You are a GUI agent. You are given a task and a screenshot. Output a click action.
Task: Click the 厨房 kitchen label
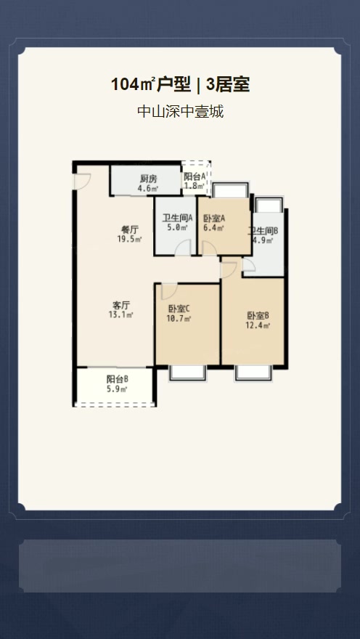149,179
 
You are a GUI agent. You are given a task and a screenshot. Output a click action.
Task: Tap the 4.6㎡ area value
149,188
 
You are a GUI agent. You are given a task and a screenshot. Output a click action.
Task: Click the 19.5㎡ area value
129,239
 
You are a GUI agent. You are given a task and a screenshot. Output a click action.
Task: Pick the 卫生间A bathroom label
177,218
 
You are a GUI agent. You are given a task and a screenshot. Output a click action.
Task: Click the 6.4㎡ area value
214,228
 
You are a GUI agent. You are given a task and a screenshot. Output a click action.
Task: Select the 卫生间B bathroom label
263,231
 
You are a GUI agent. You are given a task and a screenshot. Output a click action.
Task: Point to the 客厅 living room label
121,305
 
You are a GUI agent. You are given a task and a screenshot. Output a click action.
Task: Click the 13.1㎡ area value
121,314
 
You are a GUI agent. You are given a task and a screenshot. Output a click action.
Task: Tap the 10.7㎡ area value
179,319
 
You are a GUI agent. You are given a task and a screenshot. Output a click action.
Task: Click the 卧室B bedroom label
258,315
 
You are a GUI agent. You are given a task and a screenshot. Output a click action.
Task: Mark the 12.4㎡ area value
258,325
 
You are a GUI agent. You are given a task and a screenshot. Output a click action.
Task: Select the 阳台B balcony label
118,379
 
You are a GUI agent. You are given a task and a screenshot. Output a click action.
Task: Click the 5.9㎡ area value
118,388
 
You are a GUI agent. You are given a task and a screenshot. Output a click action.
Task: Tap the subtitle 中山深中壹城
181,111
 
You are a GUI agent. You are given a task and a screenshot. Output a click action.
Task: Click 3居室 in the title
228,85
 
